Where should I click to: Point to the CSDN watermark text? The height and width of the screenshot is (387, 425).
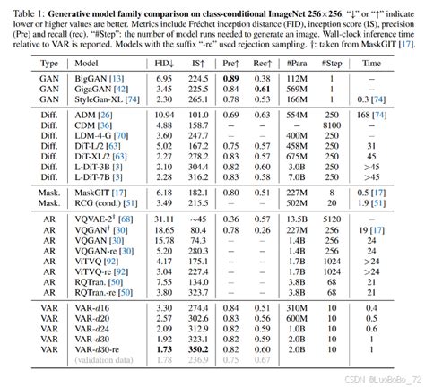[x=363, y=379]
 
